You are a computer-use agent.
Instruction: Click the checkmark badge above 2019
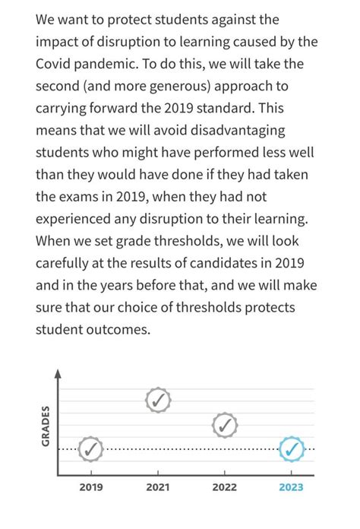(90, 449)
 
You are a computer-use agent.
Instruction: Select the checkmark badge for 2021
(157, 399)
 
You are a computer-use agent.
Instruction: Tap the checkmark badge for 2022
(224, 426)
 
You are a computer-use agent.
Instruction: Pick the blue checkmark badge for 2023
(291, 449)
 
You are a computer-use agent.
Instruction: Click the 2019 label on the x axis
(91, 487)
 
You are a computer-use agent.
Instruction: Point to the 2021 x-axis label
(157, 487)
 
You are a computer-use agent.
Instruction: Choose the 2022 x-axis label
(224, 487)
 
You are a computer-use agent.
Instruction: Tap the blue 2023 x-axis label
(291, 487)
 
